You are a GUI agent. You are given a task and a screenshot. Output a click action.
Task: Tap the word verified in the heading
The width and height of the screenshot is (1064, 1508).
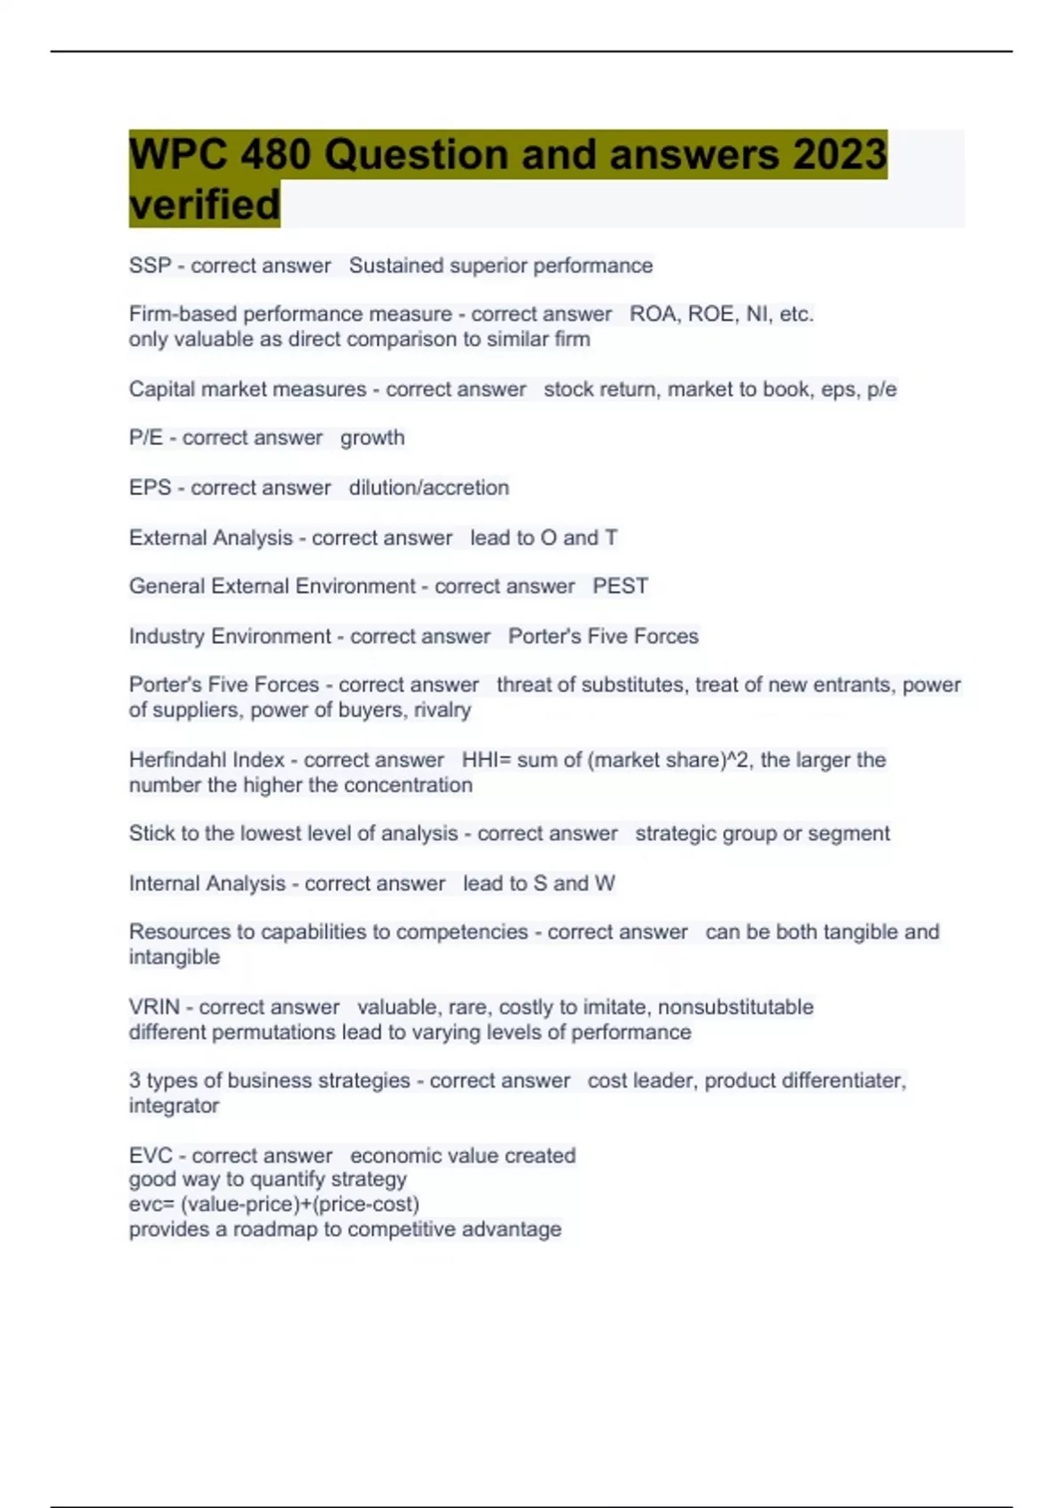tap(205, 205)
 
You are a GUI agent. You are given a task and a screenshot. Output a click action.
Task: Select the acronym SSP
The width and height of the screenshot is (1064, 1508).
tap(150, 265)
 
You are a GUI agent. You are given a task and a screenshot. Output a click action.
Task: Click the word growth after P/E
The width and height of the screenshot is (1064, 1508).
tap(372, 437)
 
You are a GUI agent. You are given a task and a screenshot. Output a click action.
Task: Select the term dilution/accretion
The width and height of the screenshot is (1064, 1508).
tap(429, 487)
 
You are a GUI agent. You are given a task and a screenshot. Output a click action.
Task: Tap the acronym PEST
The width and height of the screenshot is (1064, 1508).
tap(621, 585)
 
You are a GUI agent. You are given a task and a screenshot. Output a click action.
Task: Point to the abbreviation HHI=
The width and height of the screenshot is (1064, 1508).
tap(486, 759)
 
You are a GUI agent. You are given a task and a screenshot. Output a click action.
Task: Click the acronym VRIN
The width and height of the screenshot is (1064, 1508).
tap(154, 1007)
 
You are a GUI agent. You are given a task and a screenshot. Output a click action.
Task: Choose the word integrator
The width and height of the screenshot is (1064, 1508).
tap(174, 1105)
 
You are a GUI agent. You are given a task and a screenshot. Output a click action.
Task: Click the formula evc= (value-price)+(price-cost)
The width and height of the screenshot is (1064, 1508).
tap(274, 1204)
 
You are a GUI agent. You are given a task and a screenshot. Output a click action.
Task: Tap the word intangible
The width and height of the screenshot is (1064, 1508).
tap(174, 957)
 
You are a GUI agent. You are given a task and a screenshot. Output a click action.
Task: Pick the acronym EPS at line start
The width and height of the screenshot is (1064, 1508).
tap(150, 487)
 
